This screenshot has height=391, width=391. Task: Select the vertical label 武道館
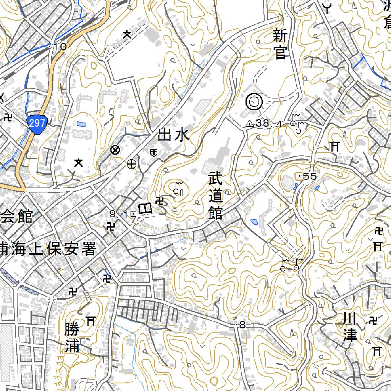215,196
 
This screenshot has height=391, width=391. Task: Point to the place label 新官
280,45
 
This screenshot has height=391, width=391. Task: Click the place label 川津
349,327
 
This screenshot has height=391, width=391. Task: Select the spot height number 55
309,176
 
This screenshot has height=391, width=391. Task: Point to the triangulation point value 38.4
270,123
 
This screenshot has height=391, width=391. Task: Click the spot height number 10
60,47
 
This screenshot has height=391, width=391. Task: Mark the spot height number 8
242,325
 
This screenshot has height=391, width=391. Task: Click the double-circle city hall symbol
254,102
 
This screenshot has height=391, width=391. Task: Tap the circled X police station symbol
114,150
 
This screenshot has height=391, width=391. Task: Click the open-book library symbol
145,208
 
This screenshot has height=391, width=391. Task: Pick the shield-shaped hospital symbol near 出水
153,152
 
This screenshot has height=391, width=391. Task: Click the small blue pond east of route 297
81,124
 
